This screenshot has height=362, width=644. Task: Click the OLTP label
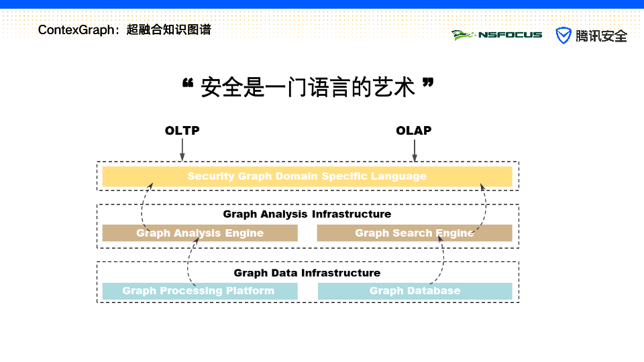coord(182,131)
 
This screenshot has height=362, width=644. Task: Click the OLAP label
coord(413,131)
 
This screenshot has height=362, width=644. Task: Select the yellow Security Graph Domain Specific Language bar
coord(307,176)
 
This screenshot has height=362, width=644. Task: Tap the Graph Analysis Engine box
coord(200,233)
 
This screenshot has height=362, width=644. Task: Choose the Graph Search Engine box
coord(415,233)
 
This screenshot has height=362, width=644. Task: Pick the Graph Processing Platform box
coord(199,291)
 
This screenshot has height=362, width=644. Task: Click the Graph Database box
coord(415,291)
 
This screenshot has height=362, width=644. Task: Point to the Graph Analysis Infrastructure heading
coord(307,215)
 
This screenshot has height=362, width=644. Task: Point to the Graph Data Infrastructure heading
coord(307,273)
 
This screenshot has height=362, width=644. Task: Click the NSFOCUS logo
coord(497,35)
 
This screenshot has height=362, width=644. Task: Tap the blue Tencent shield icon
coord(563,36)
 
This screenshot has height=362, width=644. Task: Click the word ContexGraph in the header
coord(77,30)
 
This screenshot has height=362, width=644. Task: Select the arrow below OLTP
coord(182,150)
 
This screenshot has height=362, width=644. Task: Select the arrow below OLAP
coord(414,150)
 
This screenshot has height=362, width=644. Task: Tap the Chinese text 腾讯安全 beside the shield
coord(601,36)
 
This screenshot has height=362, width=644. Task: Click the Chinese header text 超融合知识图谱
coord(168,30)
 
